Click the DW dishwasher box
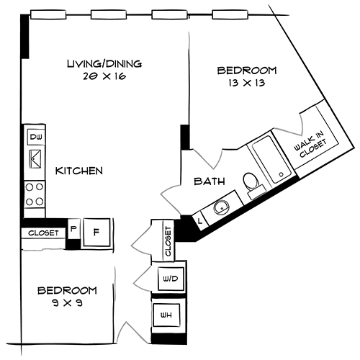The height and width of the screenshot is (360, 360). (35, 137)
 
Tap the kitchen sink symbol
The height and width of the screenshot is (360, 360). (35, 161)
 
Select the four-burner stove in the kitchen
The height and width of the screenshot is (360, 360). (35, 192)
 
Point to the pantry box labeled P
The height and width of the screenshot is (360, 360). (73, 231)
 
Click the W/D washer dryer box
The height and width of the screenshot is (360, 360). (170, 279)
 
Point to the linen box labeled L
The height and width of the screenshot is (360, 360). (199, 221)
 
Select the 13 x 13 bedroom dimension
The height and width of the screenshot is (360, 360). (247, 83)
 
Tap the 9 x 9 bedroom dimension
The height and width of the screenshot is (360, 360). (67, 303)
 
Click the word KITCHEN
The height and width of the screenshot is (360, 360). (79, 171)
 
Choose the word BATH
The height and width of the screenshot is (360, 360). (209, 181)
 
